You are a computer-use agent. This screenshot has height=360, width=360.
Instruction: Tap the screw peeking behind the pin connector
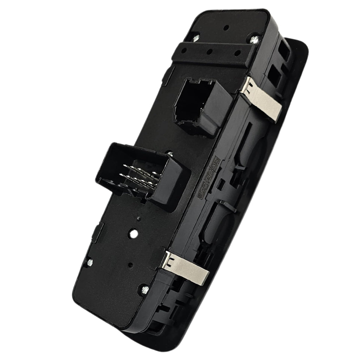tap(170, 154)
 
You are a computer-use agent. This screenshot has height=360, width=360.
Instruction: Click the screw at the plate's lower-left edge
tap(90, 262)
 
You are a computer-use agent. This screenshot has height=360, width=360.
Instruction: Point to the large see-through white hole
tap(133, 233)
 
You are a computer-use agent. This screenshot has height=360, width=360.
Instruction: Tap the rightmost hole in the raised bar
tap(238, 53)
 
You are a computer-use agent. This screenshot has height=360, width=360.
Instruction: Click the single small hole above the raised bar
tap(227, 26)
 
